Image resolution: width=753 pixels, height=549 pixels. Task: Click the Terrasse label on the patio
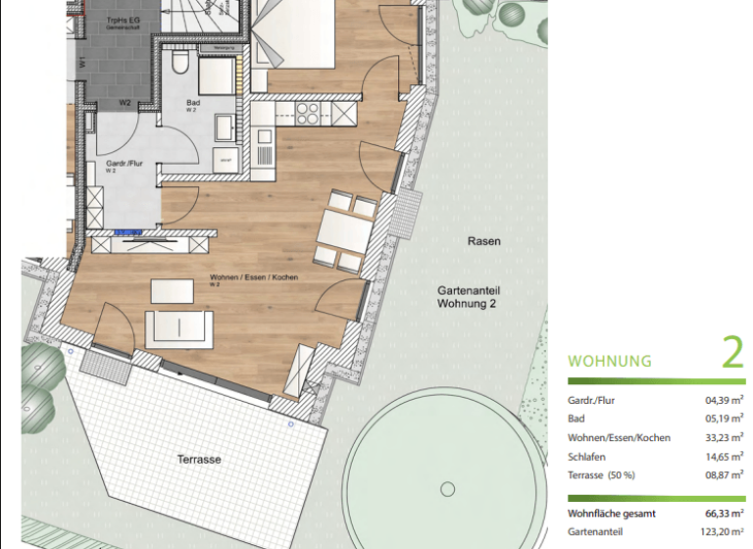pyautogui.click(x=199, y=459)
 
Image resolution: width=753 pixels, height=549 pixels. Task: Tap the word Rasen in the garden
pyautogui.click(x=483, y=241)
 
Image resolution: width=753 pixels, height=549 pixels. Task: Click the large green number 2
pyautogui.click(x=732, y=353)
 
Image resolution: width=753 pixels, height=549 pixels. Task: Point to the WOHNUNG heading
pyautogui.click(x=610, y=361)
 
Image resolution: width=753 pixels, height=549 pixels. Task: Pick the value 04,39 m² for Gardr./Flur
pyautogui.click(x=724, y=400)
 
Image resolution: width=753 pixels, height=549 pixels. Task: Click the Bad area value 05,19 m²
pyautogui.click(x=724, y=419)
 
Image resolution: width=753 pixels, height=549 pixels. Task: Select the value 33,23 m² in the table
pyautogui.click(x=724, y=437)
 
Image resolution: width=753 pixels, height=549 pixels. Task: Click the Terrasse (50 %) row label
pyautogui.click(x=601, y=474)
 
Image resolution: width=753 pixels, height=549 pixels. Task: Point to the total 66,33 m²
pyautogui.click(x=724, y=513)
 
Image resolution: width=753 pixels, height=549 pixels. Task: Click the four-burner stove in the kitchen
pyautogui.click(x=308, y=113)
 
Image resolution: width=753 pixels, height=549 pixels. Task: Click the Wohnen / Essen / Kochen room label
pyautogui.click(x=253, y=278)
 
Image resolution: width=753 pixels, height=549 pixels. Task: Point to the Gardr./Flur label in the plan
pyautogui.click(x=125, y=164)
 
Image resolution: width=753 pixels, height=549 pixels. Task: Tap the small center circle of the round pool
pyautogui.click(x=448, y=489)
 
